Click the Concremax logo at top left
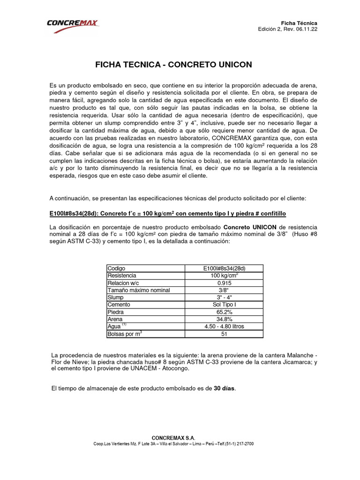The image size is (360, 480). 72,26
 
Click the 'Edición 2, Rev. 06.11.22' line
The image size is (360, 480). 287,29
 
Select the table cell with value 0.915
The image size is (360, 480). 225,283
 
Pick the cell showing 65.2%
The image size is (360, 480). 225,312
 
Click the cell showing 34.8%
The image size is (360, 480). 225,319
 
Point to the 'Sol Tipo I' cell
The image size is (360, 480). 225,305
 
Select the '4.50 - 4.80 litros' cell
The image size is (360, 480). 225,326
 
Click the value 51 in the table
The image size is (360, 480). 225,334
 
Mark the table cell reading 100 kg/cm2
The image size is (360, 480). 225,276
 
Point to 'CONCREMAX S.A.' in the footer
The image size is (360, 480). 180,437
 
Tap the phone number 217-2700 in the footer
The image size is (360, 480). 244,443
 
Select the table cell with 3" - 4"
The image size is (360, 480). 225,297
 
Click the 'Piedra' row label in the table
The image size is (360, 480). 116,312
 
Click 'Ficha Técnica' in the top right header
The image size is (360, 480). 299,23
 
